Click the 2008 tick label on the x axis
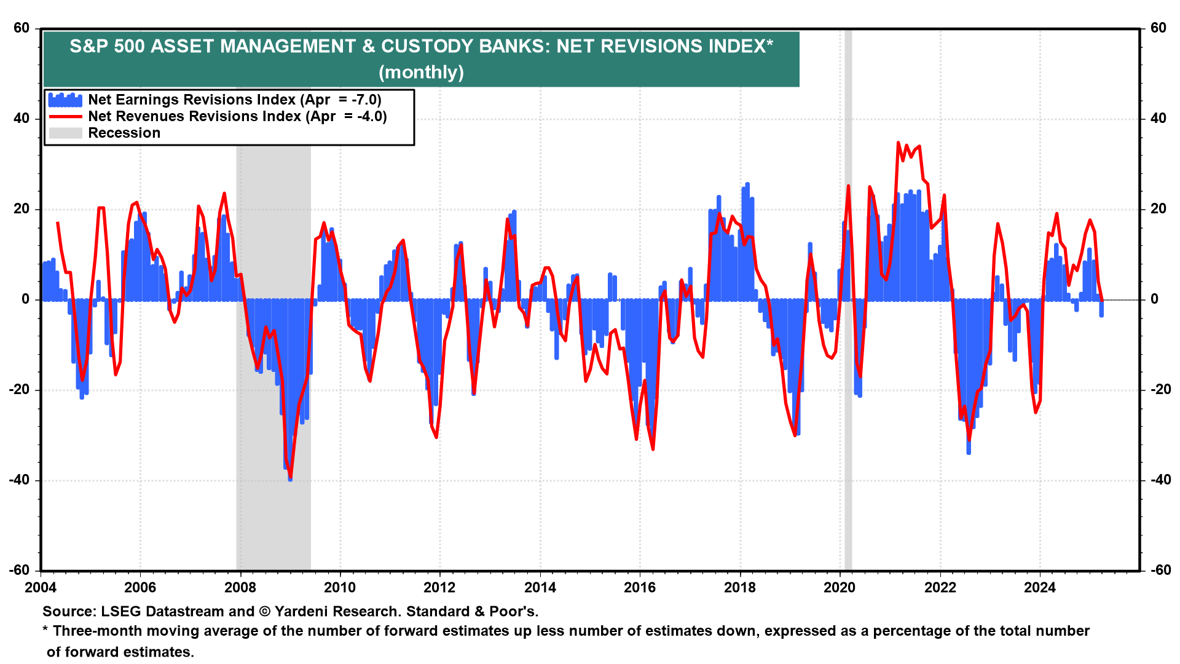click(240, 588)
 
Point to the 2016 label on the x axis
click(640, 588)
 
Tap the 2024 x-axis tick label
click(1039, 588)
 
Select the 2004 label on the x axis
click(41, 588)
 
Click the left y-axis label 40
click(22, 118)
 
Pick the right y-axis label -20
click(1160, 390)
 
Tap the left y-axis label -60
click(19, 570)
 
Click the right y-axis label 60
click(1158, 28)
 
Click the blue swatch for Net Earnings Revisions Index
click(65, 100)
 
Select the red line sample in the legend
click(65, 116)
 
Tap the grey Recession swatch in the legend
click(65, 133)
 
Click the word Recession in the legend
click(124, 133)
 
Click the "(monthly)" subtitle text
click(421, 73)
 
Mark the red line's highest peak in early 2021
click(898, 143)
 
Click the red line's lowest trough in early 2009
click(290, 477)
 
